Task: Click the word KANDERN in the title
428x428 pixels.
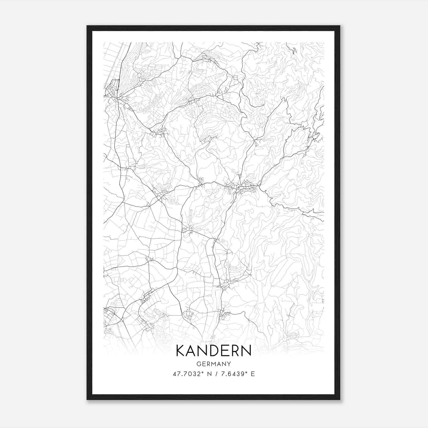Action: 214,351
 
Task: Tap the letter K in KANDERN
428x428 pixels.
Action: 181,351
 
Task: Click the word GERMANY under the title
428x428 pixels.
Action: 214,364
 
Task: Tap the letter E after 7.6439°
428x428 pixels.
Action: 253,374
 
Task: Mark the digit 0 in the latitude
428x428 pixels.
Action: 189,374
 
